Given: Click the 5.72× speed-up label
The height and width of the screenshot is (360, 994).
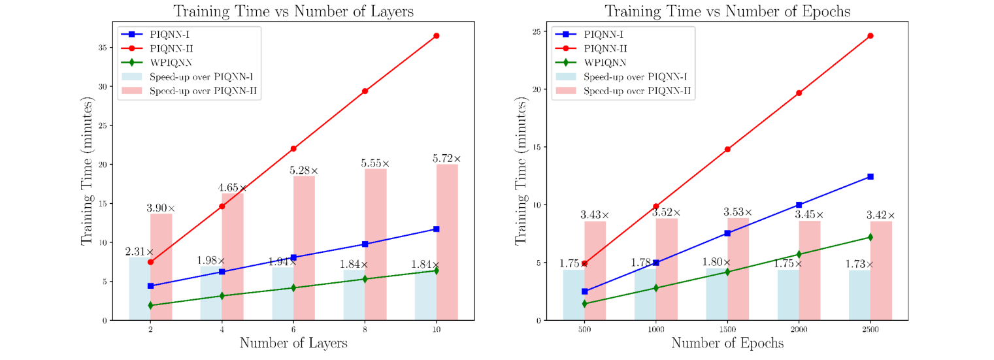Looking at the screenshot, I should pos(446,159).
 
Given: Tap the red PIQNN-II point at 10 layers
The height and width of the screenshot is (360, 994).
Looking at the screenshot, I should pos(436,35).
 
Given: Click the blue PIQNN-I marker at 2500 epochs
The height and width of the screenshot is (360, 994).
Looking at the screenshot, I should pos(870,176).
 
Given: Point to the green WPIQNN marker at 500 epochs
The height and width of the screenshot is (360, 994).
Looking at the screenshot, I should pos(584,304).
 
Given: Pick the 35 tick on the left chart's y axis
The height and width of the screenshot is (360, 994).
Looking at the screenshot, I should pos(101,47).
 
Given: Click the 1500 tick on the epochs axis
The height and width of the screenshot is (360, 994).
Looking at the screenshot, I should pos(727,329).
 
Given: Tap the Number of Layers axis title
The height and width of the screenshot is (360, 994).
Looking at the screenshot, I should pos(293,342).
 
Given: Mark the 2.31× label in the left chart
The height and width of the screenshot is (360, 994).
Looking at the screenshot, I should pos(139,252).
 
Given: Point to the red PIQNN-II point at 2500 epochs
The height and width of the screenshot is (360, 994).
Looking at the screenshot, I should pos(870,35).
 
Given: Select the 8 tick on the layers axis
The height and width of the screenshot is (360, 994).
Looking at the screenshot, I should pos(365,329).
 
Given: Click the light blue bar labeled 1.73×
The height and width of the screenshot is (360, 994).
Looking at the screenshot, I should pos(859,295).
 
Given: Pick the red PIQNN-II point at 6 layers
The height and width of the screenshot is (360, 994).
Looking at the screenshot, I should pos(293,149).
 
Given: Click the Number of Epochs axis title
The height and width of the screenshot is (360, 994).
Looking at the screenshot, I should pos(727,342).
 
